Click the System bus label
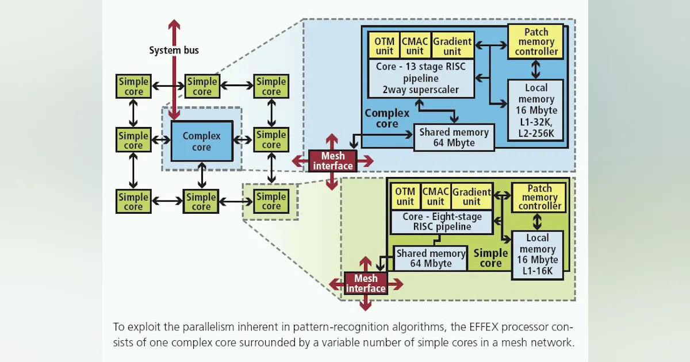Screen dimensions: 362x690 (174, 51)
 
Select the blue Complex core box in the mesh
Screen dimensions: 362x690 (201, 141)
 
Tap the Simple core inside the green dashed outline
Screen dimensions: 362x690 (271, 201)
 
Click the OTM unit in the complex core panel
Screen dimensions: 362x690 (384, 46)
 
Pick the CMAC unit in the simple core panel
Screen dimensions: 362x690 (435, 197)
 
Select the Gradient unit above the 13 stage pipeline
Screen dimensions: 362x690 (453, 46)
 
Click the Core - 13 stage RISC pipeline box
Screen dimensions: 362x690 (421, 78)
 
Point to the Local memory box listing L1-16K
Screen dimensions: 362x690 (538, 255)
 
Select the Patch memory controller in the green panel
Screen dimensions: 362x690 (539, 197)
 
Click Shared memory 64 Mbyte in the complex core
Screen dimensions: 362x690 (454, 137)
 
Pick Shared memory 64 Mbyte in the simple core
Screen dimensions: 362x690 (431, 259)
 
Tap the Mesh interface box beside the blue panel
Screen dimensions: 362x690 (332, 161)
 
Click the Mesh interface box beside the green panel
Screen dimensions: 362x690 (366, 283)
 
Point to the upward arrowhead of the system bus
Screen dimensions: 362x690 (174, 25)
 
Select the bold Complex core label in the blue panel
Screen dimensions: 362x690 (387, 118)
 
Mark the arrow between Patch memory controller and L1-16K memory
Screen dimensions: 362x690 (538, 222)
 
